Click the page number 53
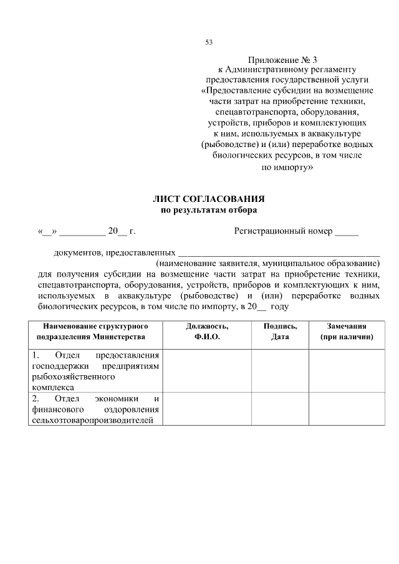(x=209, y=43)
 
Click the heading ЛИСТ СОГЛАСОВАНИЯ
(x=209, y=199)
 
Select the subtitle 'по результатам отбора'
(x=209, y=211)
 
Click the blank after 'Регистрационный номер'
(x=347, y=233)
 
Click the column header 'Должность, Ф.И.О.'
(x=207, y=332)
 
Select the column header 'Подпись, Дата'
(x=280, y=332)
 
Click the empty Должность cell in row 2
(x=207, y=408)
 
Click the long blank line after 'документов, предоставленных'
(x=279, y=254)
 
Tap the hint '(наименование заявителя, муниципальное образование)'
(x=267, y=264)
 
